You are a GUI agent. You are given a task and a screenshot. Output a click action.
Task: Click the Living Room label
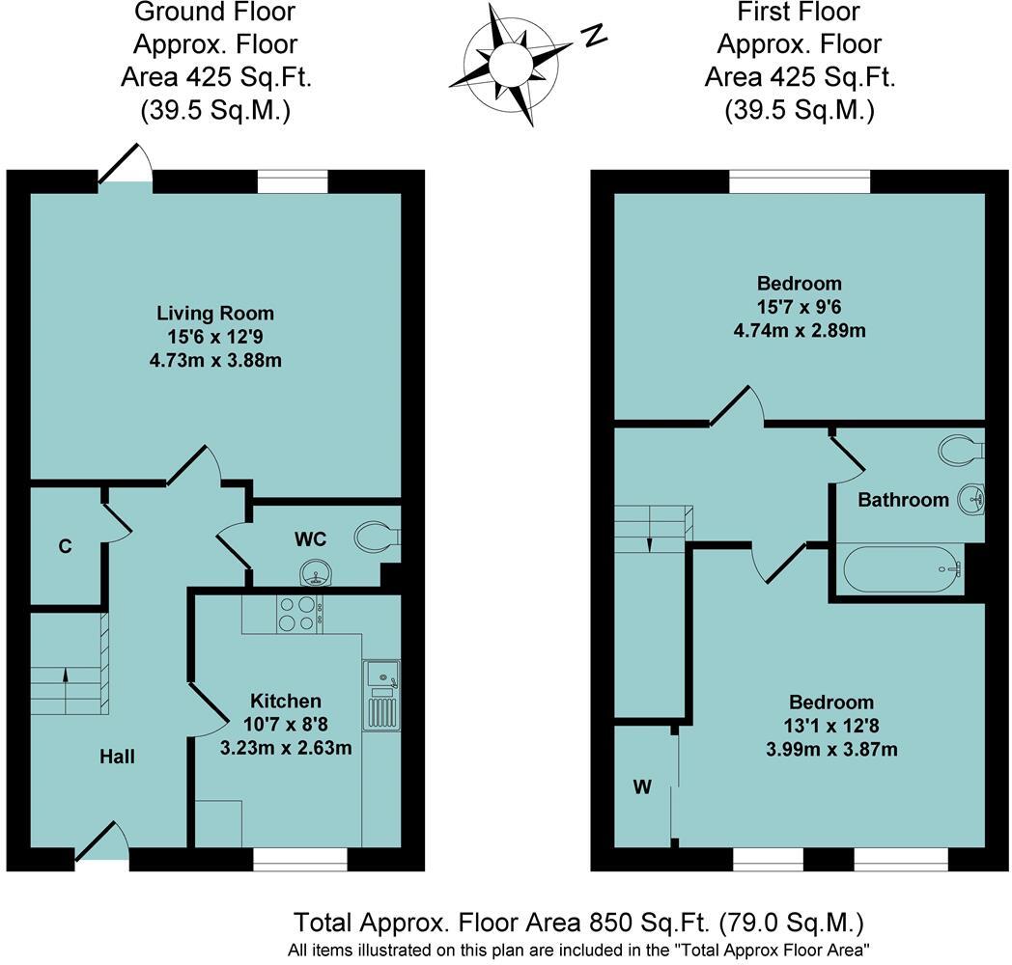coord(215,314)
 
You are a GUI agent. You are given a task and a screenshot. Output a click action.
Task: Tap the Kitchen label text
coord(286,701)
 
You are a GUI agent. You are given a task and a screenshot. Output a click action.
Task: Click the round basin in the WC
coord(315,575)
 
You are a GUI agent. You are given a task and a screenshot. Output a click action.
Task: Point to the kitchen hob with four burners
coord(299,614)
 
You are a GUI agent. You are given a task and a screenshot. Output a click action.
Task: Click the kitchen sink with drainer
coord(381,695)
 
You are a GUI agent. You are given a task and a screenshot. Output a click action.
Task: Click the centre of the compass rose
coord(509,65)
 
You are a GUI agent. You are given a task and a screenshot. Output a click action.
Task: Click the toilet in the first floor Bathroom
coord(961,450)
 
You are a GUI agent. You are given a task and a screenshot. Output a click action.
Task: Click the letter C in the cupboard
coord(65,547)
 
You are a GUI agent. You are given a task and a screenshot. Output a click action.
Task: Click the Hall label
coord(118,758)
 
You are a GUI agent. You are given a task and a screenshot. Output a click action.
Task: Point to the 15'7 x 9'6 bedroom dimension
coord(799,307)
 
